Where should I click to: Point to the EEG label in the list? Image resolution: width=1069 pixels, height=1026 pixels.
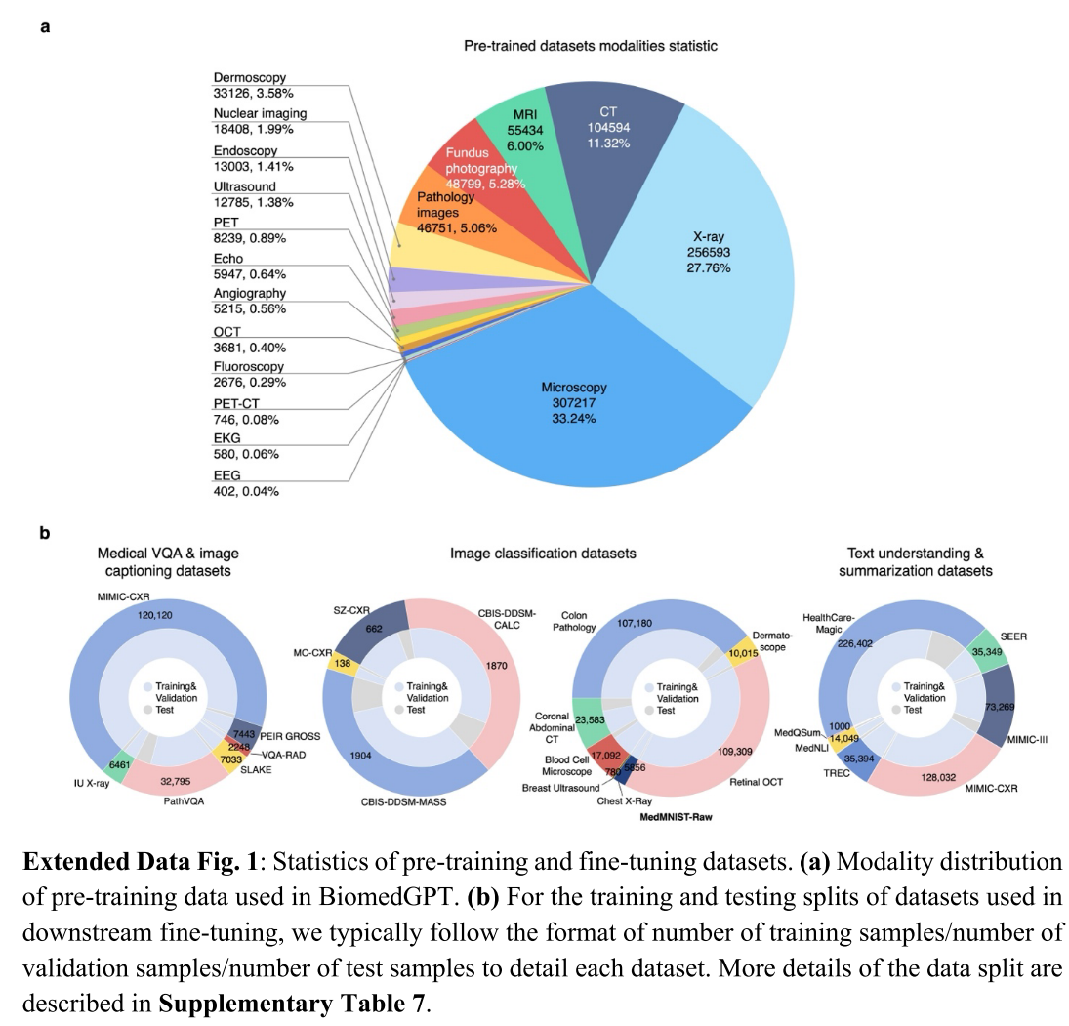[x=227, y=474]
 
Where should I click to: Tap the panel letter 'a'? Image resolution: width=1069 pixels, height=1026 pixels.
[x=44, y=26]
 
